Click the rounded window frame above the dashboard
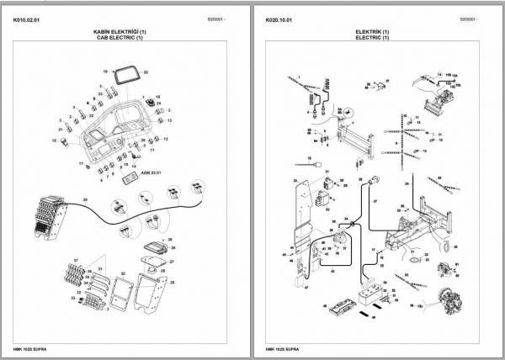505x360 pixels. click(x=129, y=82)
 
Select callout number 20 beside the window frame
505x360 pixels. click(x=146, y=73)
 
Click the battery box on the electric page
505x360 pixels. click(x=370, y=296)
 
